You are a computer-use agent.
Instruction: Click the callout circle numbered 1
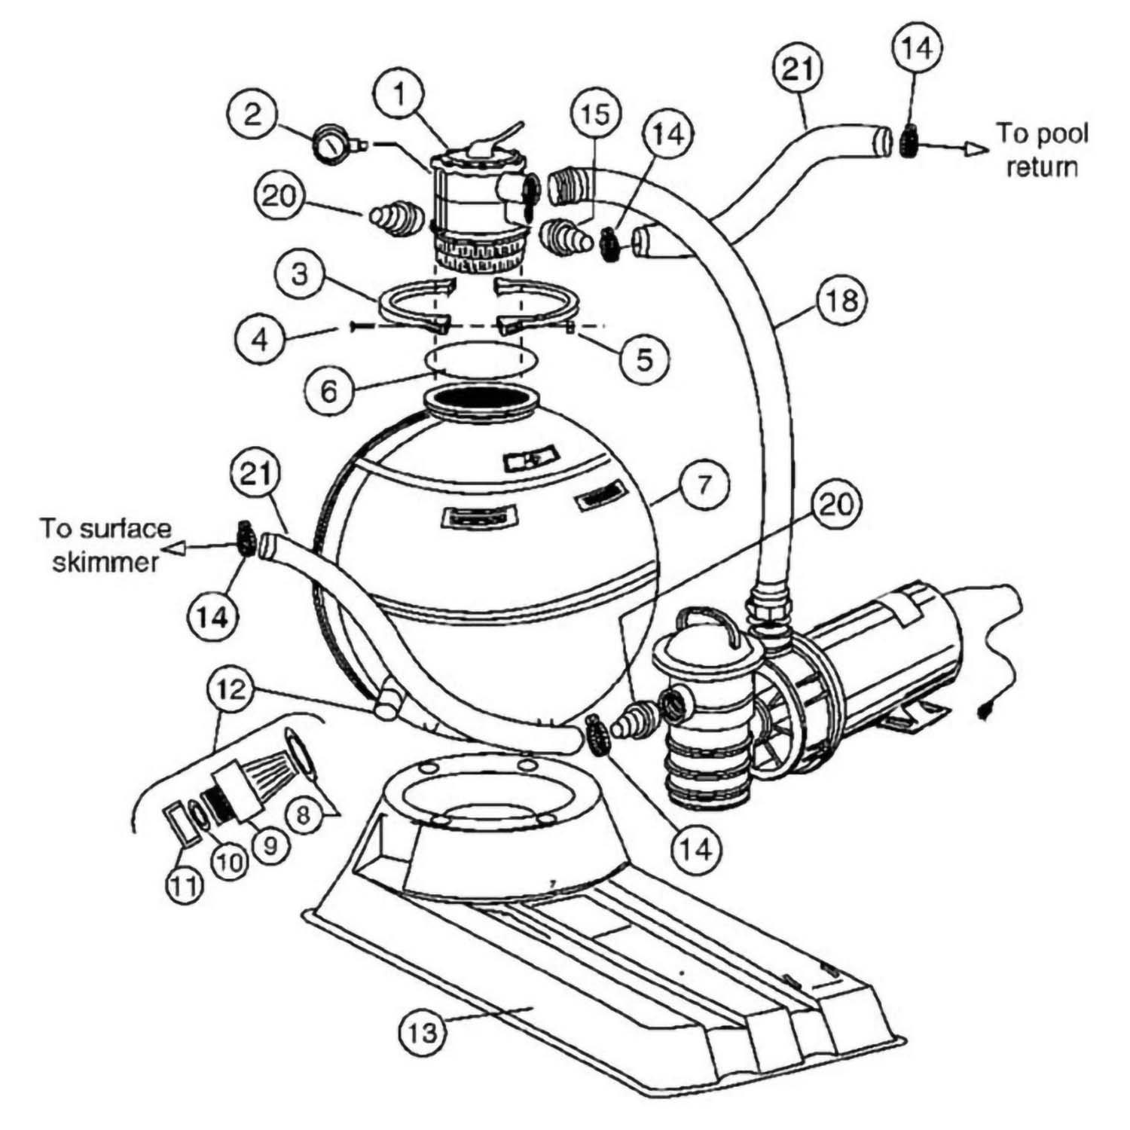[399, 95]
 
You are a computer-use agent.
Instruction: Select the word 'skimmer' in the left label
[105, 562]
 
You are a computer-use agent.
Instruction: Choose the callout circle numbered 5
[646, 359]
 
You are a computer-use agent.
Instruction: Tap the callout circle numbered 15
[594, 115]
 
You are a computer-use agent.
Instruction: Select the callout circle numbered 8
[302, 815]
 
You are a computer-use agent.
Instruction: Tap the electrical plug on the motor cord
[985, 708]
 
